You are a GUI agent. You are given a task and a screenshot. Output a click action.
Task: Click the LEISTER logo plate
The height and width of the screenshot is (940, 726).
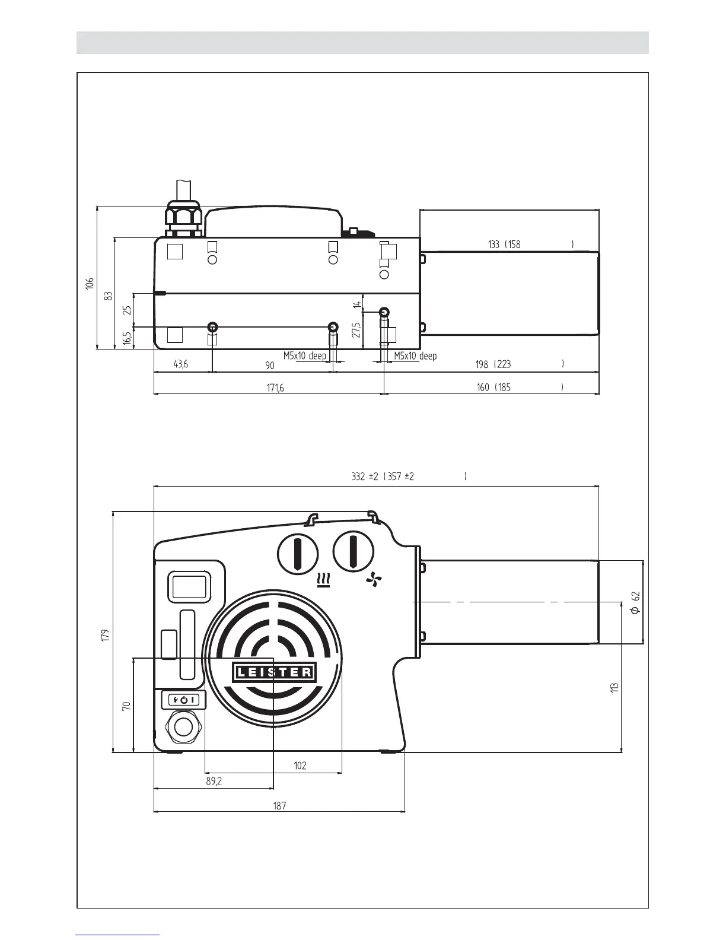[274, 672]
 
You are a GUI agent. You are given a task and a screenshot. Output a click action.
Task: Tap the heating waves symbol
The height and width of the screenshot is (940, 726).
[324, 580]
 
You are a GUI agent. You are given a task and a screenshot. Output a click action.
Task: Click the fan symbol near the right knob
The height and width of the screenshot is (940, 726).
[374, 580]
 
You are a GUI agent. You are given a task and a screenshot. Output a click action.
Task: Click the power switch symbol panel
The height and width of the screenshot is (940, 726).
[184, 700]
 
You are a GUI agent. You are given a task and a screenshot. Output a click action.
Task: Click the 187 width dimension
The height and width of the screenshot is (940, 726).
[279, 805]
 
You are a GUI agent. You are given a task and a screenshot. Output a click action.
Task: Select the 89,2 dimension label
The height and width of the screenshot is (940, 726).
[214, 782]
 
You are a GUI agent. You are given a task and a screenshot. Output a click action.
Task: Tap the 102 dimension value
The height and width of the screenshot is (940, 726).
[300, 766]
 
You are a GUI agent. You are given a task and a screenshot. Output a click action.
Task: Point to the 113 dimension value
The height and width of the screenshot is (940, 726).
[615, 687]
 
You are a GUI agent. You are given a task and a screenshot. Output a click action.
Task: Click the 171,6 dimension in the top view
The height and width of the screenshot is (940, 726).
[275, 388]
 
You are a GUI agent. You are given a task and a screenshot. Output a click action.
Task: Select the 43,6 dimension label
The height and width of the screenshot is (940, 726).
[181, 364]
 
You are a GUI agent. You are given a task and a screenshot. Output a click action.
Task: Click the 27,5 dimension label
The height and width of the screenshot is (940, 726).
[356, 331]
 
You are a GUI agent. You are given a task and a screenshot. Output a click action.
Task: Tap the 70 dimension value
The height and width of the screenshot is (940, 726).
[126, 706]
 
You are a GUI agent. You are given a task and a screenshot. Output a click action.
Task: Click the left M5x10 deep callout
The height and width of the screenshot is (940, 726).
[304, 356]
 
